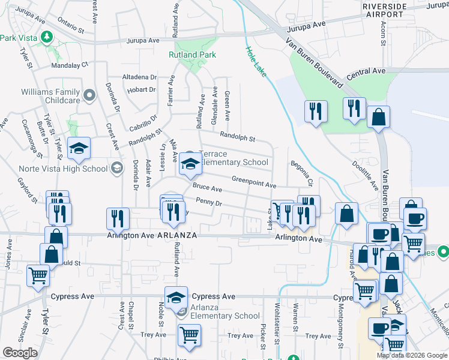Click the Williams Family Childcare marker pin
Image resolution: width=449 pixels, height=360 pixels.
click(x=89, y=95)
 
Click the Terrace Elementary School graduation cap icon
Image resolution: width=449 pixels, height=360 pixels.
click(x=190, y=164)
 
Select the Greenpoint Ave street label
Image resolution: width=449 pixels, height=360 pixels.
click(x=254, y=182)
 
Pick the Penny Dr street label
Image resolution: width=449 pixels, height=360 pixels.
click(x=209, y=204)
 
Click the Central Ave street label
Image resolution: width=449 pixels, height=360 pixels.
click(x=366, y=71)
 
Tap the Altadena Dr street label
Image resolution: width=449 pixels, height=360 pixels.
click(x=139, y=77)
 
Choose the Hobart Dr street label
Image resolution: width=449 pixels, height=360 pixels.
click(x=142, y=90)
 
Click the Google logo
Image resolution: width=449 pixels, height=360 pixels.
click(x=20, y=353)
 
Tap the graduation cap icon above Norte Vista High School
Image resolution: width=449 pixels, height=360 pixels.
click(x=79, y=150)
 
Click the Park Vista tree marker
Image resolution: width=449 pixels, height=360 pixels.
click(x=46, y=38)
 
